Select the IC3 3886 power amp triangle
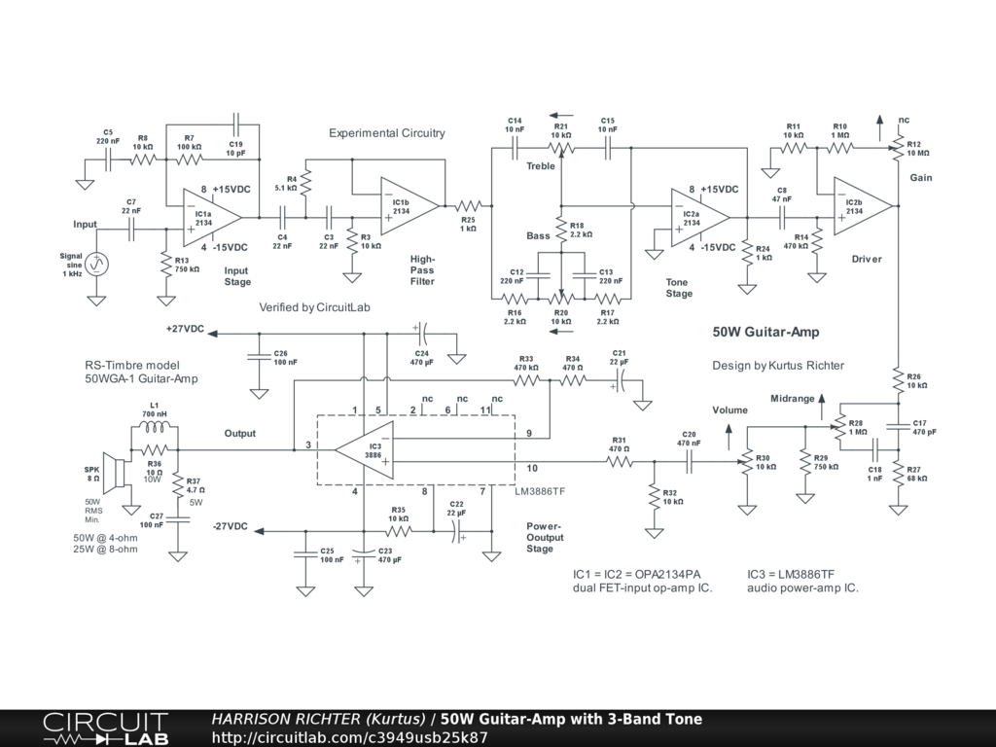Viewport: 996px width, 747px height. tap(364, 450)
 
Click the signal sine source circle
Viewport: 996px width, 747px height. tap(96, 263)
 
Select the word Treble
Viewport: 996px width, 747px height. tap(541, 165)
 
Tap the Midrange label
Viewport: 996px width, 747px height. tap(792, 398)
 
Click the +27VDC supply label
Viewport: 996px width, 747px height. tap(185, 329)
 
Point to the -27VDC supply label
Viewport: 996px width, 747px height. tap(230, 526)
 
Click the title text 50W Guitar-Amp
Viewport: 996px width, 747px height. tap(765, 332)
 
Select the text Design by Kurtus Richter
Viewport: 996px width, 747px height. tap(778, 366)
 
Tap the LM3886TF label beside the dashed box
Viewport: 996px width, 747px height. tap(540, 491)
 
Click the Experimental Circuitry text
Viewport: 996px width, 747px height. tap(387, 132)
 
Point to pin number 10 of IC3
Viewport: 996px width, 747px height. tap(532, 468)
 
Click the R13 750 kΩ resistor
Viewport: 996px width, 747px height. tap(165, 265)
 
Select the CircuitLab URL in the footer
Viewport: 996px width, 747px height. tap(349, 737)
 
